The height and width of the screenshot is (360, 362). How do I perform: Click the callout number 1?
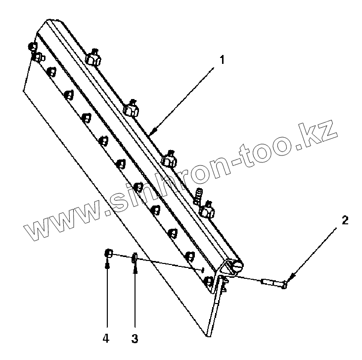(222, 60)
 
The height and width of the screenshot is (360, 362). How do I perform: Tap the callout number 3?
(135, 339)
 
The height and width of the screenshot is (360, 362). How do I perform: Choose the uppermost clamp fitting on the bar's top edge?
(92, 58)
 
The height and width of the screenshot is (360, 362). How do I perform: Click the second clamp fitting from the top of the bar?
(131, 109)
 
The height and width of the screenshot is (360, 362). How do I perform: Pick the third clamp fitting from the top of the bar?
(169, 158)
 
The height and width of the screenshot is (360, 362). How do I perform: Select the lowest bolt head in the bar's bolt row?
(208, 282)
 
